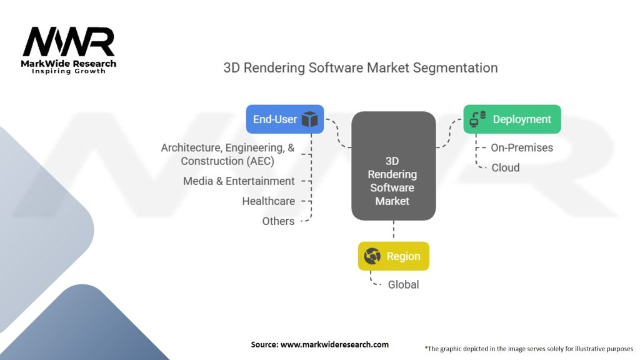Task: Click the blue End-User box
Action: click(x=285, y=119)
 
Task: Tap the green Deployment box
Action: click(x=512, y=119)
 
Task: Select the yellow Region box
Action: click(x=393, y=256)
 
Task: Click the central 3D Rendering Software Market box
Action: click(x=393, y=166)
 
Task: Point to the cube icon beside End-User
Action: click(x=310, y=119)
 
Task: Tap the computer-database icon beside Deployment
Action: click(x=478, y=119)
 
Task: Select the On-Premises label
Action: click(x=522, y=147)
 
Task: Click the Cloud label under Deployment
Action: click(x=505, y=167)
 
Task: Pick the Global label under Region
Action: click(x=403, y=284)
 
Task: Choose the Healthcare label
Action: click(x=268, y=201)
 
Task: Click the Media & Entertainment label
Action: click(x=239, y=181)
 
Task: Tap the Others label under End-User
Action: click(x=278, y=221)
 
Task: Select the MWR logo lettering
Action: click(x=69, y=42)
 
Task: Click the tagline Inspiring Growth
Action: click(x=69, y=71)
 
